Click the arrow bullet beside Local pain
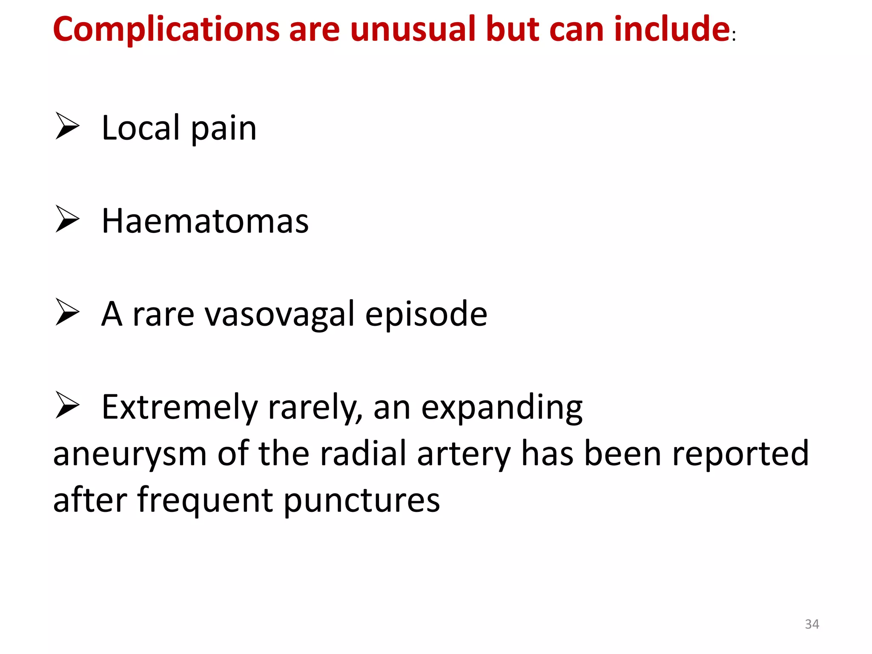[x=67, y=126]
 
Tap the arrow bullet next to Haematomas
[x=67, y=219]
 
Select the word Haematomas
[x=205, y=221]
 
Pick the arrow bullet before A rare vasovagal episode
[x=67, y=312]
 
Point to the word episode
[x=426, y=315]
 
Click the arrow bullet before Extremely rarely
[x=67, y=405]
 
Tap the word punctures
[x=361, y=501]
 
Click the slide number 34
[x=812, y=624]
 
